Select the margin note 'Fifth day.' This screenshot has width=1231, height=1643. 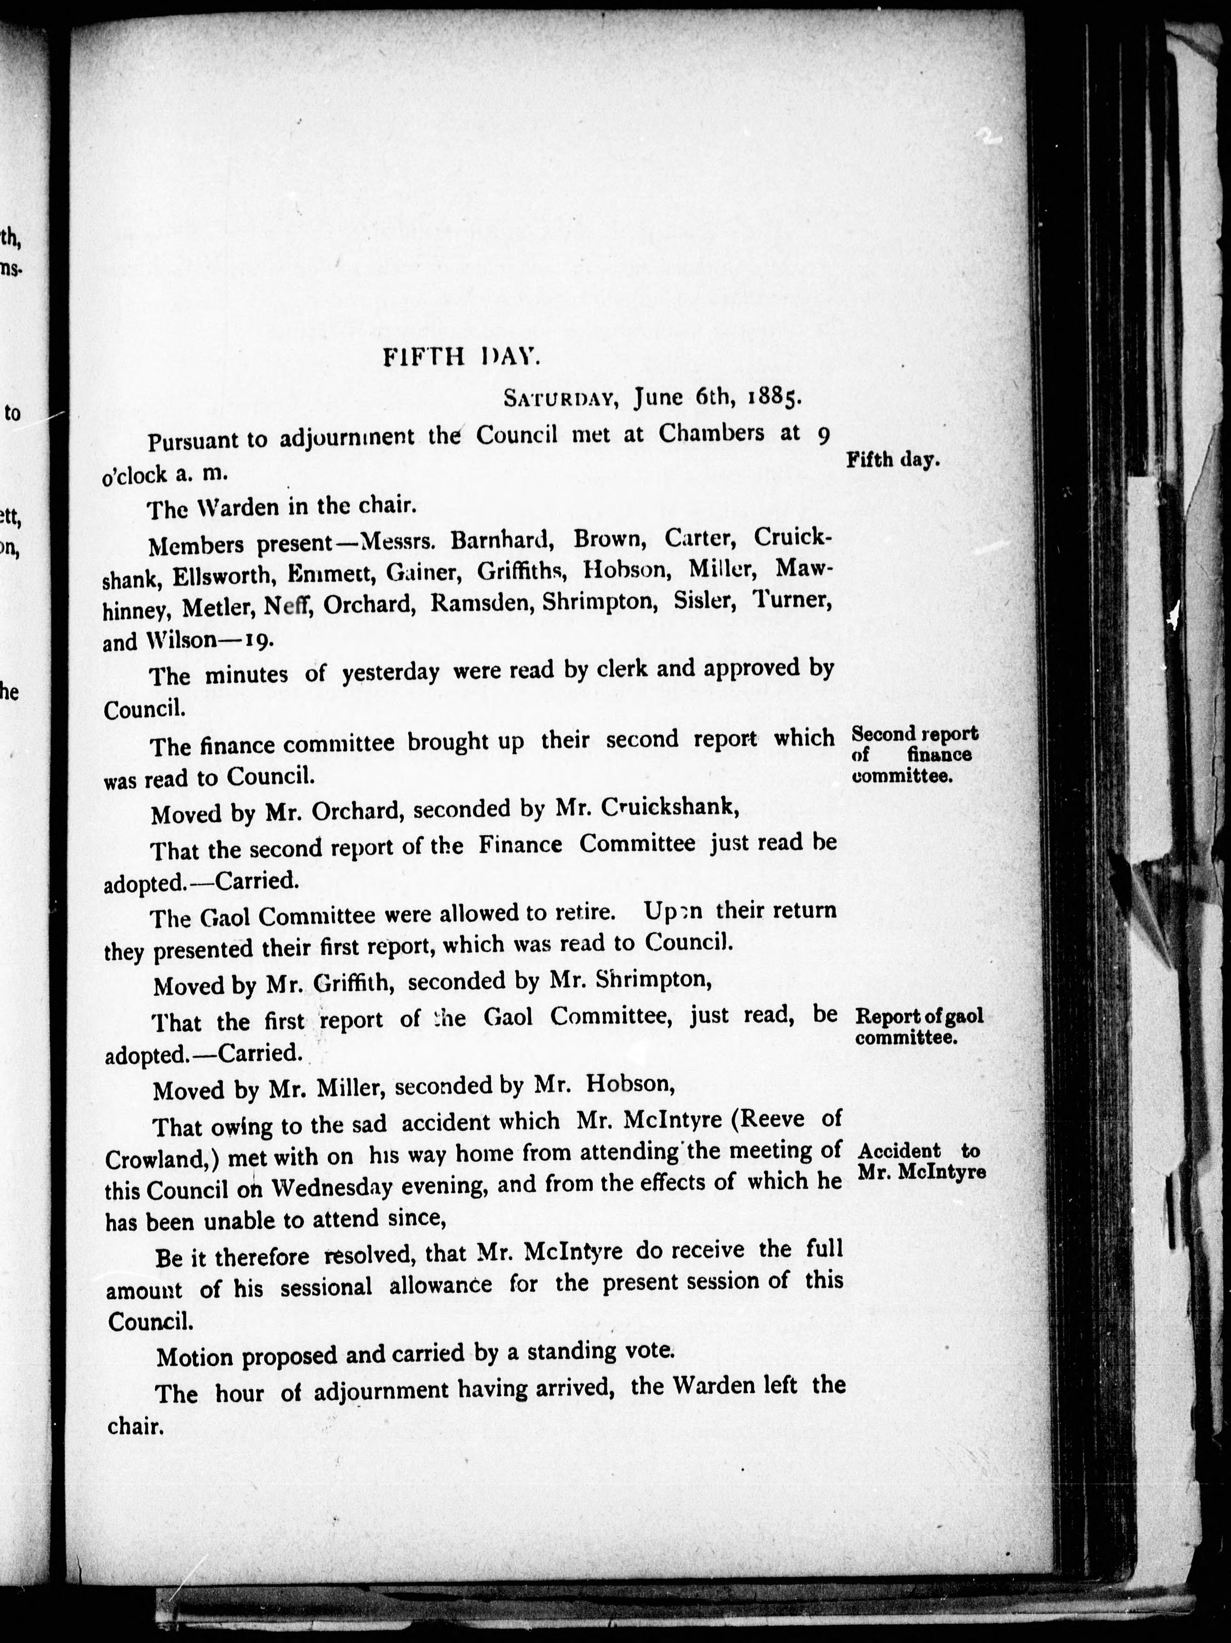pos(893,460)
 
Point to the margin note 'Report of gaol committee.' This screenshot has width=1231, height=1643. pos(919,1026)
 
